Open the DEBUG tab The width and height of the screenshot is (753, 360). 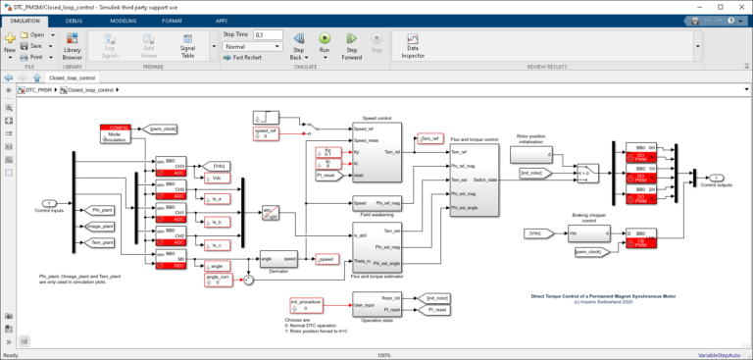(x=74, y=20)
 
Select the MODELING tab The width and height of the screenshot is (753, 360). (x=124, y=20)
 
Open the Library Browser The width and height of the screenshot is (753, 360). (x=72, y=45)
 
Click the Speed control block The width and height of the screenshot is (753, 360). (x=376, y=153)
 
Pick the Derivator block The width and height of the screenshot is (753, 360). (x=277, y=259)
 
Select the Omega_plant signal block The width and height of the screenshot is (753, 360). (x=101, y=227)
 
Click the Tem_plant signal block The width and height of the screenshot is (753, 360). (x=101, y=242)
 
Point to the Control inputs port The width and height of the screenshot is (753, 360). (x=48, y=202)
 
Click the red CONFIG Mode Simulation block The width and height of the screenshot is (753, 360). (x=116, y=134)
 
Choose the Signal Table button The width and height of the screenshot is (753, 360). (x=186, y=45)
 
